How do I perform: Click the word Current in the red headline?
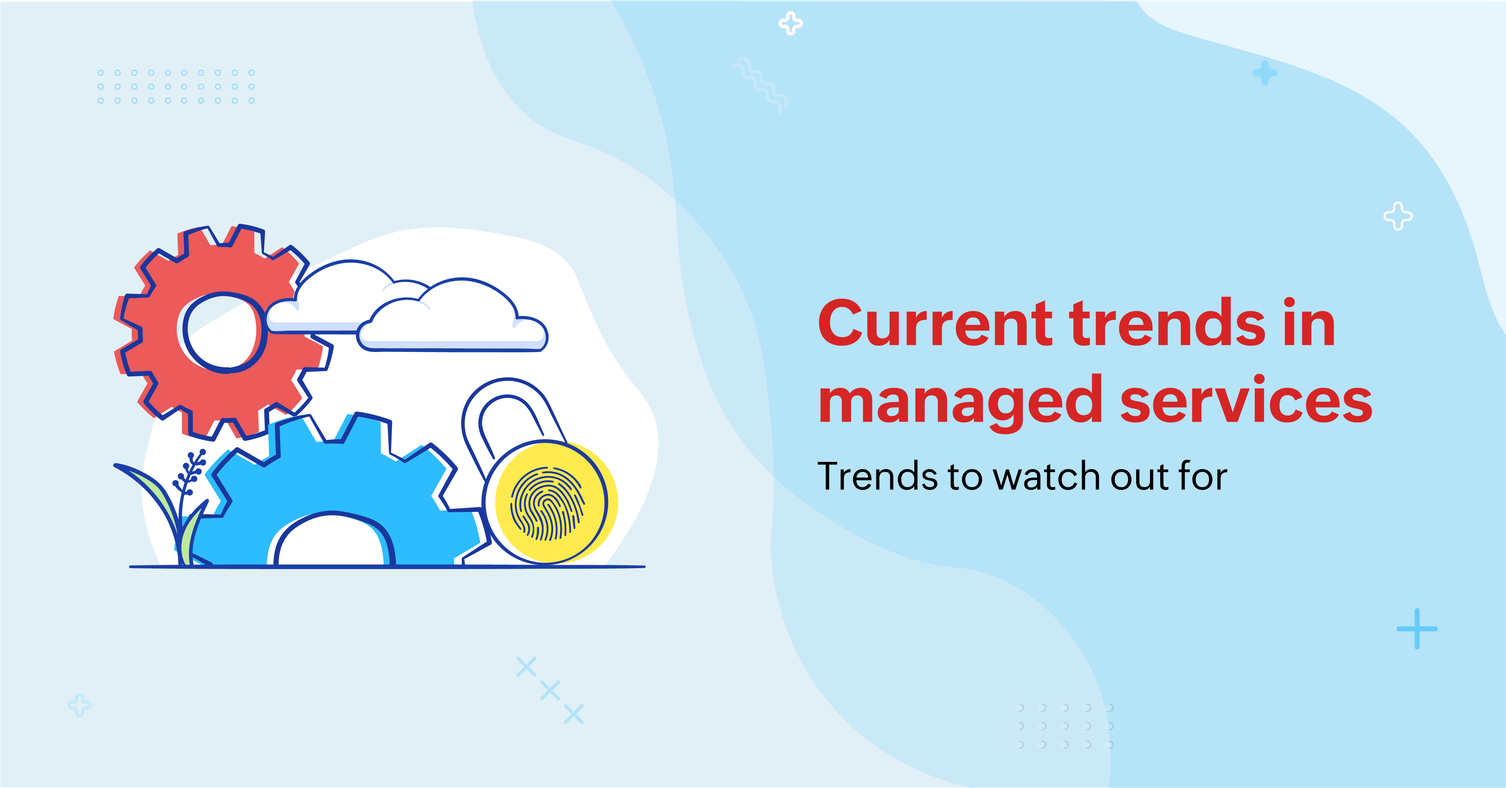(935, 323)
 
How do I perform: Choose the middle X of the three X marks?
(550, 690)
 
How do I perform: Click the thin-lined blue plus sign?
(1417, 629)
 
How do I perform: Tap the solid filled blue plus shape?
(1264, 73)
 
